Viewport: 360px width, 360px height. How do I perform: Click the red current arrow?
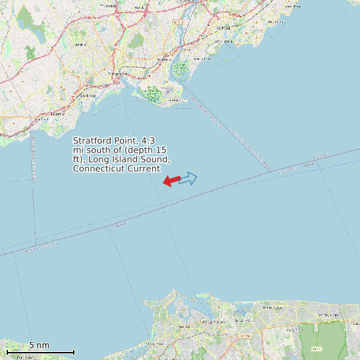(x=171, y=181)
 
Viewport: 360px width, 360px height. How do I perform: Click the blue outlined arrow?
(x=188, y=178)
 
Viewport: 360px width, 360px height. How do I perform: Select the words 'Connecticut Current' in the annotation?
(x=116, y=169)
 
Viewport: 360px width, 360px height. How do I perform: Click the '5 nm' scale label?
(x=39, y=345)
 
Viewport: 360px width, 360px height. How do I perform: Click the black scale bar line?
(x=40, y=352)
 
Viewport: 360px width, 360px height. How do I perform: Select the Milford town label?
(x=223, y=29)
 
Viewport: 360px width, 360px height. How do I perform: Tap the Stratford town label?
(x=164, y=60)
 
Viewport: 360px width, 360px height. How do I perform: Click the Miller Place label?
(x=272, y=308)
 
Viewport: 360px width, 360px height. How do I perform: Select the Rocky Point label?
(x=328, y=314)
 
